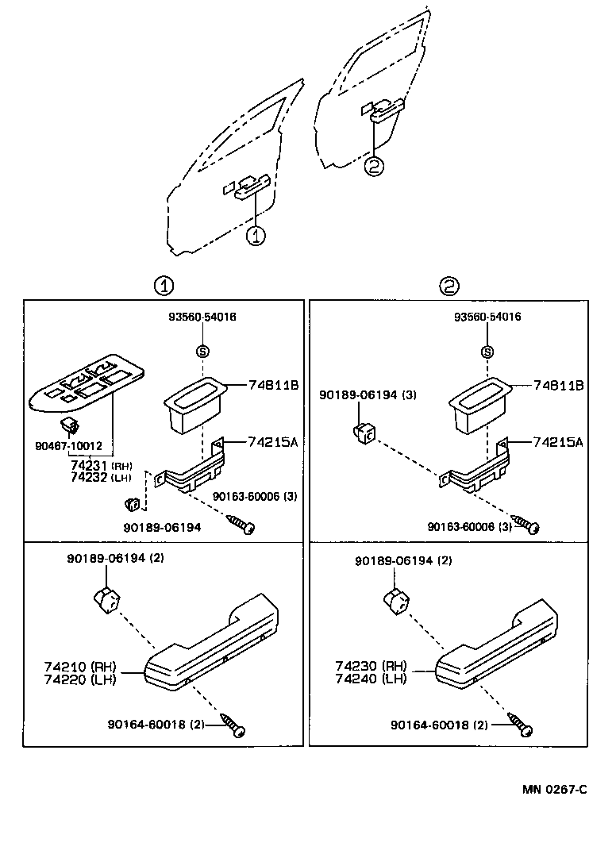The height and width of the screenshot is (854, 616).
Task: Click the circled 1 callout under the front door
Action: (256, 236)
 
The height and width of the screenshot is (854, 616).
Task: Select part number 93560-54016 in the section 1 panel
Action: (202, 317)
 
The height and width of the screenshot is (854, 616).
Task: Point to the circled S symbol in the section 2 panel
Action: (487, 352)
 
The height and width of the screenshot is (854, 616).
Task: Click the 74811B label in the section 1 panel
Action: (271, 386)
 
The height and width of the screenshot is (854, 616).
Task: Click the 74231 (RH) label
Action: (90, 466)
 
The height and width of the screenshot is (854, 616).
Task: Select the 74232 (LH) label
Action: (90, 477)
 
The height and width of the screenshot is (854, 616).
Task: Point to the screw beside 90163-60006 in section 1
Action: (241, 523)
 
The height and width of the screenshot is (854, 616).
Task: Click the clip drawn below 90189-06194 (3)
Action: (364, 433)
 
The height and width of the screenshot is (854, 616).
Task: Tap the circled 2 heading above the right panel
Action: (449, 286)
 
